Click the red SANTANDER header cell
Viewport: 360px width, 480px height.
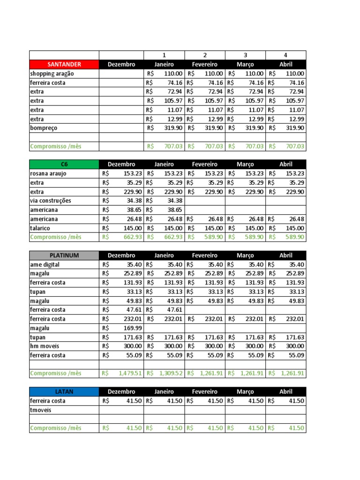64,64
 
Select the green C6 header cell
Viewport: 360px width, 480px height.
64,165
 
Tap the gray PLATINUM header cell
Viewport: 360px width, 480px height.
64,255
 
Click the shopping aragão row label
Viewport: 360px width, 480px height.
52,74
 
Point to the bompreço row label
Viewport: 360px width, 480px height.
44,128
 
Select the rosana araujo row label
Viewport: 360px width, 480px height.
48,173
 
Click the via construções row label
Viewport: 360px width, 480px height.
51,201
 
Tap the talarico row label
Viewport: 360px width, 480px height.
41,228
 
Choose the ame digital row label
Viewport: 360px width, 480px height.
45,264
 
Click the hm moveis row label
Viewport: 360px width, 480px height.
44,346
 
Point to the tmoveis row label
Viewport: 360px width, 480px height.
41,410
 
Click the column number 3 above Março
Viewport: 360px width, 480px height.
245,55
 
